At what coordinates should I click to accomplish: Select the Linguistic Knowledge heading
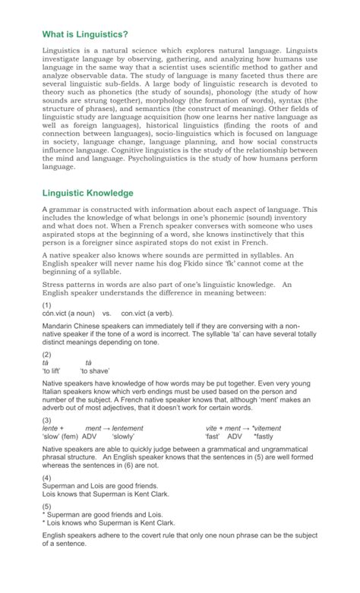(x=88, y=193)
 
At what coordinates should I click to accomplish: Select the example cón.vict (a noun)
(x=68, y=312)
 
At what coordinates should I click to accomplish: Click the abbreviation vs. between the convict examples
(x=106, y=312)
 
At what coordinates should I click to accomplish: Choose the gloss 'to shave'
(x=95, y=371)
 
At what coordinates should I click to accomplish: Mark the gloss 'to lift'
(x=52, y=371)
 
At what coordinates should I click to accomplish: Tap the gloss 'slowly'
(x=123, y=437)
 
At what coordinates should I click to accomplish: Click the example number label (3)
(x=47, y=420)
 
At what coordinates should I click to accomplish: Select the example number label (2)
(x=47, y=354)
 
